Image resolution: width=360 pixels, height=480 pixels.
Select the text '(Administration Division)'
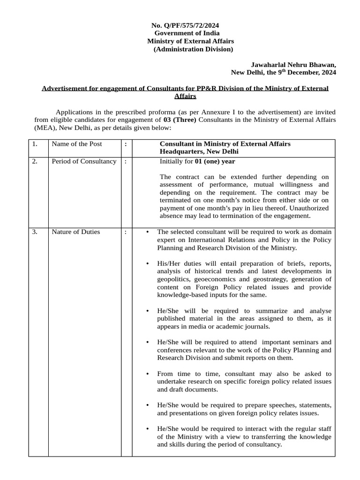click(193, 49)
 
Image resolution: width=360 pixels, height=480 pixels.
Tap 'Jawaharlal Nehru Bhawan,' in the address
click(293, 65)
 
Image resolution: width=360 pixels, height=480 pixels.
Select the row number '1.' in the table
click(35, 144)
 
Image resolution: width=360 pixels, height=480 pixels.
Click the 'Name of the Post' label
click(76, 144)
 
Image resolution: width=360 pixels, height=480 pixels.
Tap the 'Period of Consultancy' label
click(83, 162)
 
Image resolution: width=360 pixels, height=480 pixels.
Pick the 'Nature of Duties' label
click(75, 232)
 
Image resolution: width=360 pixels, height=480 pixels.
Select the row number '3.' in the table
click(35, 232)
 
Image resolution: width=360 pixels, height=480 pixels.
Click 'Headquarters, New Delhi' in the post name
click(199, 152)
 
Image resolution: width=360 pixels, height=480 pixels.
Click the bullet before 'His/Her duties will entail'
click(148, 263)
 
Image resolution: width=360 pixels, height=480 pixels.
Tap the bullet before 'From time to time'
click(148, 374)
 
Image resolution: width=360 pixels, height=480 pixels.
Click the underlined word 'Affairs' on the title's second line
click(185, 96)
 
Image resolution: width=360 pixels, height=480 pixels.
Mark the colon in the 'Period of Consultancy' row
click(126, 162)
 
